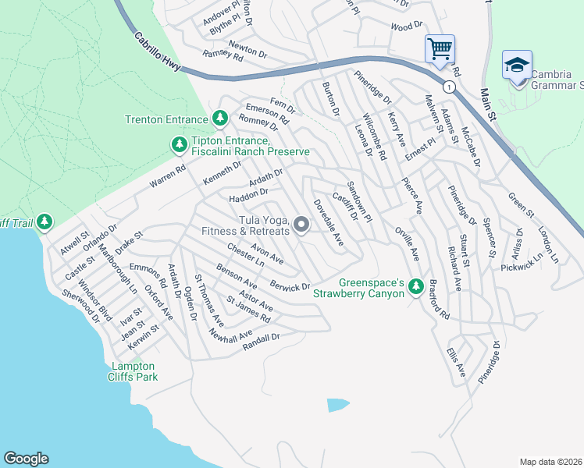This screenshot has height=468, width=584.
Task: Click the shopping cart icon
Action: pos(440,49)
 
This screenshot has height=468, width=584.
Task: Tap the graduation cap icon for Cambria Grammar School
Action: pos(517,65)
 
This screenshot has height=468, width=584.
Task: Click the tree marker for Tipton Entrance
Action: pos(180,145)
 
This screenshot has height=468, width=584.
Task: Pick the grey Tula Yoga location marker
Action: pos(301,225)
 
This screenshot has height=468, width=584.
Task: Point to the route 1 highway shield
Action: pos(449,87)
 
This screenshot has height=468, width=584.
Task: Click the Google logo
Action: pos(26,459)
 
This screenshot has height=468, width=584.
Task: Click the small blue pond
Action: pos(337,405)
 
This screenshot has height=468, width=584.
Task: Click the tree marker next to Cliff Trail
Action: pos(45,223)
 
